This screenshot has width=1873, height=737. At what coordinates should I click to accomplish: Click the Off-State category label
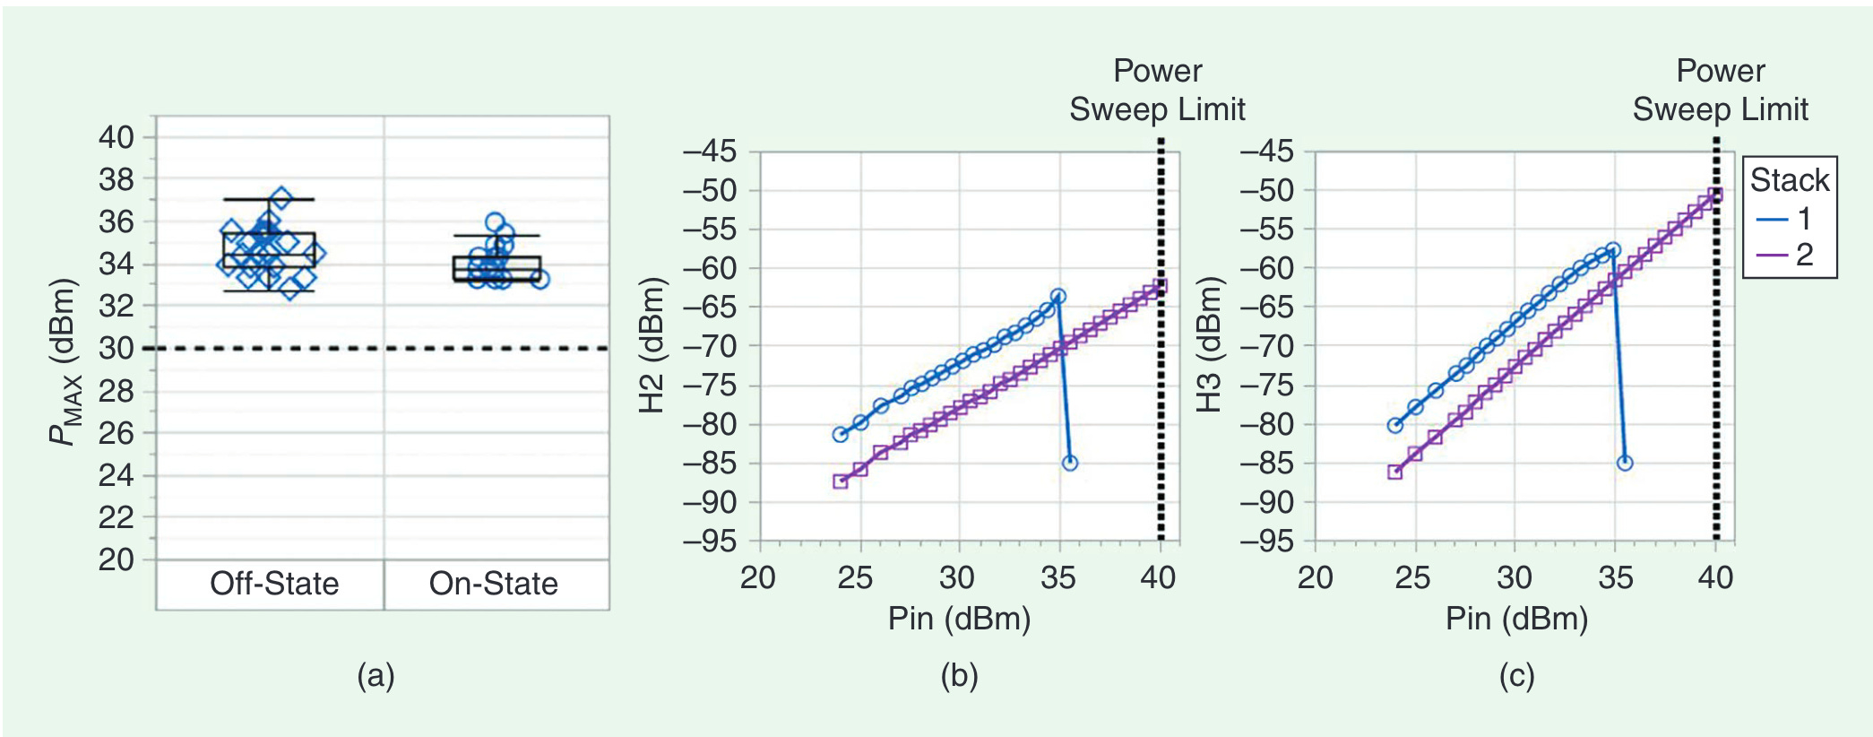[274, 584]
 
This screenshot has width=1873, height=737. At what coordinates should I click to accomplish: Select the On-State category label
[493, 584]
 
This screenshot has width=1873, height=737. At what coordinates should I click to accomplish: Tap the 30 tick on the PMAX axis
[116, 348]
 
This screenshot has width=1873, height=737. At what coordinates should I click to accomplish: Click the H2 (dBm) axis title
[652, 345]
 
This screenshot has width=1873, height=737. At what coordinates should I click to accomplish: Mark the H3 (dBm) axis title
[1209, 345]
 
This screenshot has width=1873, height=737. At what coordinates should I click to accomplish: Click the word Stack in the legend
[1789, 180]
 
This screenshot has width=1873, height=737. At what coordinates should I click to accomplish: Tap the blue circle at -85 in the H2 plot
[1069, 463]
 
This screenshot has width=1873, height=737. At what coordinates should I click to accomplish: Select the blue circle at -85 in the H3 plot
[1625, 463]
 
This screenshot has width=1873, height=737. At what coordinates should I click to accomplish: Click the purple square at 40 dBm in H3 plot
[1714, 195]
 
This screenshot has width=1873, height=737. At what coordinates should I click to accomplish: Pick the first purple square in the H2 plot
[840, 481]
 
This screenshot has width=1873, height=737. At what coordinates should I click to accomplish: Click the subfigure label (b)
[959, 675]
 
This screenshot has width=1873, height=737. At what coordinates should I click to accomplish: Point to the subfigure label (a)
[375, 675]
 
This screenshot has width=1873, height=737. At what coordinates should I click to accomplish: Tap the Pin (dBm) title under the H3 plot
[1516, 619]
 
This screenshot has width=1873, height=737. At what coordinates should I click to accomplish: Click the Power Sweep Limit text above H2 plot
[1157, 91]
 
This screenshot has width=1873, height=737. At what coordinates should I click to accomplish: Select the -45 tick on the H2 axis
[709, 152]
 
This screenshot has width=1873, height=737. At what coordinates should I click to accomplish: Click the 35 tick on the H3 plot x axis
[1615, 577]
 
